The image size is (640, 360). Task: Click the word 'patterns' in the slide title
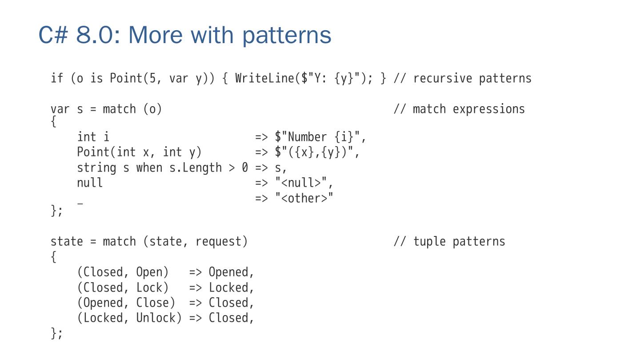pyautogui.click(x=287, y=35)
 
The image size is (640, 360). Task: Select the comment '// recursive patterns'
pyautogui.click(x=462, y=79)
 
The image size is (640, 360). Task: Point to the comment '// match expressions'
pyautogui.click(x=459, y=109)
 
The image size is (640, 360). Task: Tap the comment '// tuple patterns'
pyautogui.click(x=449, y=242)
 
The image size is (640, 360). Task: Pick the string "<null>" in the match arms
pyautogui.click(x=304, y=183)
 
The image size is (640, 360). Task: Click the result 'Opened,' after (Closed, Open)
pyautogui.click(x=231, y=272)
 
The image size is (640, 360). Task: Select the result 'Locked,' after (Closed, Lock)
pyautogui.click(x=231, y=288)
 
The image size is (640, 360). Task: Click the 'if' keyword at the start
pyautogui.click(x=57, y=79)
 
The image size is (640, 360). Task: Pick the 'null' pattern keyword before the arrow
pyautogui.click(x=90, y=183)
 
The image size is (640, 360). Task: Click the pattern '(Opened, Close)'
pyautogui.click(x=126, y=303)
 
